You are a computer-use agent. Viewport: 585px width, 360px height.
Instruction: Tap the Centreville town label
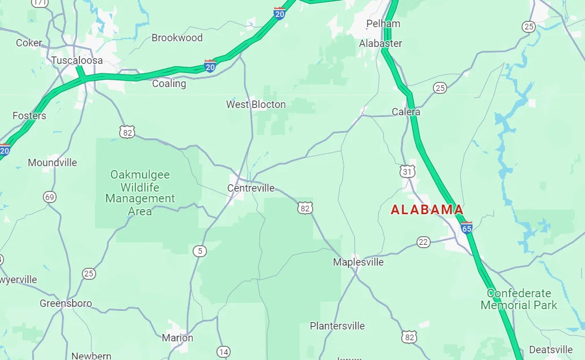[x=251, y=188]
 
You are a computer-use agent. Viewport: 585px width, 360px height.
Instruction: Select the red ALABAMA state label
[x=427, y=210]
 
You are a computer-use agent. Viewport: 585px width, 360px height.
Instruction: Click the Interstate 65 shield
[x=466, y=228]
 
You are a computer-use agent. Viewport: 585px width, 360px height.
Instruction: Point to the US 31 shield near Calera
[x=407, y=171]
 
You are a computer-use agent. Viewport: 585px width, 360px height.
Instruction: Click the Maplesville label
[x=358, y=262]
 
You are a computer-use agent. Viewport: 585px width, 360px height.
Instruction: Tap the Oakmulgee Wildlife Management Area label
[x=140, y=193]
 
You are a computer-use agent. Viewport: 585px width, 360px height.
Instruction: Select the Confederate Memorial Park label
[x=519, y=300]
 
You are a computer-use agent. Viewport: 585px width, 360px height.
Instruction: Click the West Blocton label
[x=256, y=105]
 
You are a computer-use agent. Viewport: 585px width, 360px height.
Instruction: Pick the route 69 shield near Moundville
[x=50, y=197]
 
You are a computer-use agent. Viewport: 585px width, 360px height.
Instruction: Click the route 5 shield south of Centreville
[x=199, y=250]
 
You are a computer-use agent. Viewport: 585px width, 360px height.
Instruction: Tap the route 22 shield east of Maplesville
[x=424, y=242]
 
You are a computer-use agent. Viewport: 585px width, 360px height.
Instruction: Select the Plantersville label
[x=337, y=326]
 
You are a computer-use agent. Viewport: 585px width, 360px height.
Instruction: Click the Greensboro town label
[x=66, y=303]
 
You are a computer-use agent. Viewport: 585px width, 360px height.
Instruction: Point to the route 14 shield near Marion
[x=224, y=352]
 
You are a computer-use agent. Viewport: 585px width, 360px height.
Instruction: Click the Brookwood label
[x=177, y=38]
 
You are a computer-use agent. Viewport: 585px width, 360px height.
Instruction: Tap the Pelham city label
[x=383, y=24]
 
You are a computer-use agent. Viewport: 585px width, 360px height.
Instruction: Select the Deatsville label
[x=551, y=349]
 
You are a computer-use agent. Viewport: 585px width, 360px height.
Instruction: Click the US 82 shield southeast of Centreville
[x=305, y=209]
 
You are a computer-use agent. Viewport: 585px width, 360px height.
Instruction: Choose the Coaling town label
[x=169, y=84]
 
